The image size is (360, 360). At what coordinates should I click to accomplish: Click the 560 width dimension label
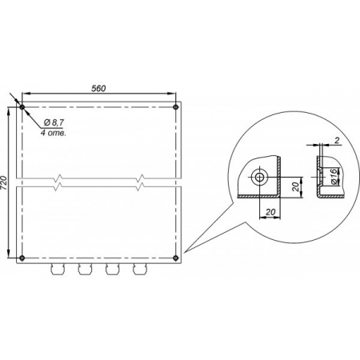[98, 88]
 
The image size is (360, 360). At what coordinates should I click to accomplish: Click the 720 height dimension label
[4, 182]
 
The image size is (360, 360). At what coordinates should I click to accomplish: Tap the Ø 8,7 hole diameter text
[54, 122]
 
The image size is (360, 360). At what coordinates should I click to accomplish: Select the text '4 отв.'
[53, 133]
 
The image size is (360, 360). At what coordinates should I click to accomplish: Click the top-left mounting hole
[22, 107]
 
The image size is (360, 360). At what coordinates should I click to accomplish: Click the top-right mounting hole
[175, 107]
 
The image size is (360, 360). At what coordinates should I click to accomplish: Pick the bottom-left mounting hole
[22, 258]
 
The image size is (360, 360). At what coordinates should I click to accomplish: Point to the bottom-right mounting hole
[175, 258]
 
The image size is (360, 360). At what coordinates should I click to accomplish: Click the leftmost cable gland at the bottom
[58, 269]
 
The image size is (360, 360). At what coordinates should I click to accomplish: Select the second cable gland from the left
[85, 269]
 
